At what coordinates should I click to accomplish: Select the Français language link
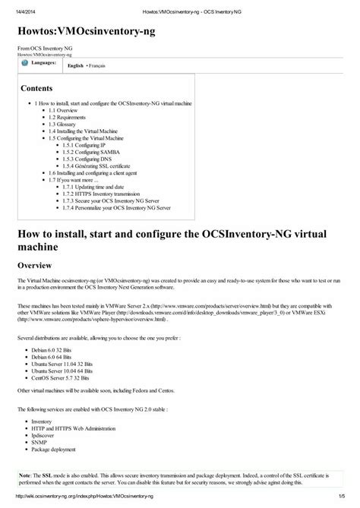[x=96, y=67]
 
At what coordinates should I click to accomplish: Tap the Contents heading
[x=36, y=88]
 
